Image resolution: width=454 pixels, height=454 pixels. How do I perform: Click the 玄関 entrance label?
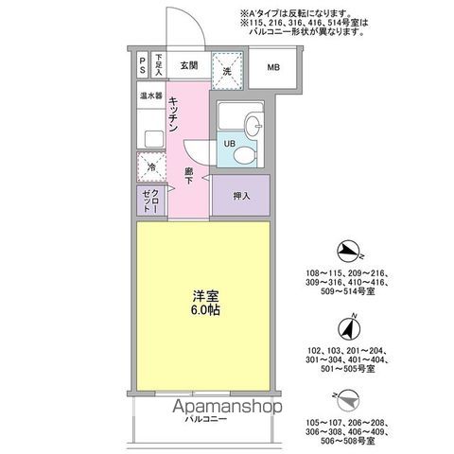click(x=187, y=66)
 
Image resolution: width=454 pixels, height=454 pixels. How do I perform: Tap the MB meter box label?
click(x=272, y=67)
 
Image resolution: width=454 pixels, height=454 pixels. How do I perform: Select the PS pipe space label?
click(x=143, y=66)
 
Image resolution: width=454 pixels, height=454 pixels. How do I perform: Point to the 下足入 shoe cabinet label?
click(x=160, y=66)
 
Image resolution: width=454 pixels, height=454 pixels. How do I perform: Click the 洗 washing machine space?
click(x=228, y=67)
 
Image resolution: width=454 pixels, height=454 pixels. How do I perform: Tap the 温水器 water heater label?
click(x=151, y=96)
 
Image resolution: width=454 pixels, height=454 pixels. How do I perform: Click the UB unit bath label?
click(x=229, y=143)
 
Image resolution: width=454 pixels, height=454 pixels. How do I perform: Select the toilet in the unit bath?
click(x=244, y=152)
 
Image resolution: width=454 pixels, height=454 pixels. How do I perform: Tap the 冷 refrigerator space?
click(x=151, y=167)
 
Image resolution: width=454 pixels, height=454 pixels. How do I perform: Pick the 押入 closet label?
click(x=241, y=196)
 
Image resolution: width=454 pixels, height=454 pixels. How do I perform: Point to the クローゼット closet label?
click(x=150, y=200)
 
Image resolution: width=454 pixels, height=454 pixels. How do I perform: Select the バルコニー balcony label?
click(x=203, y=417)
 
